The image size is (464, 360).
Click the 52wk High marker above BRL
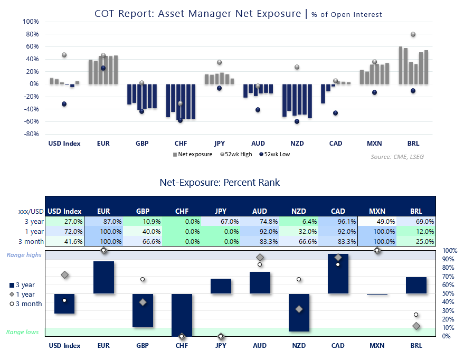pos(413,34)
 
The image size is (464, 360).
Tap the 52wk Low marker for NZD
pos(297,121)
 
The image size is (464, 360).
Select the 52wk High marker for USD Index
pos(64,55)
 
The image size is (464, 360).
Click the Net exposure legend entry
pos(193,155)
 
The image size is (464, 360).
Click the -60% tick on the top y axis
pos(31,121)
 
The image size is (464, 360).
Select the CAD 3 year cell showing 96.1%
pos(338,222)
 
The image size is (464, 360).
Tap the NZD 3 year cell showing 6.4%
pos(299,222)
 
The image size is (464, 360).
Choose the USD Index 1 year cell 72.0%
pos(64,231)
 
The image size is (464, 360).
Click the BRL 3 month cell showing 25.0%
pos(416,241)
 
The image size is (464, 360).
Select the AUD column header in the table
pos(260,211)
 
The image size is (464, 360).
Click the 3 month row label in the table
pos(31,241)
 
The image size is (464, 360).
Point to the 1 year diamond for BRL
pos(416,326)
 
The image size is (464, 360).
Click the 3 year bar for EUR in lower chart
pos(103,277)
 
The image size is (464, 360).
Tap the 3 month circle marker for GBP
pos(143,279)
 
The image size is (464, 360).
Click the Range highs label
pos(24,255)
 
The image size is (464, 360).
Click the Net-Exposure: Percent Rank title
pos(220,183)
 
